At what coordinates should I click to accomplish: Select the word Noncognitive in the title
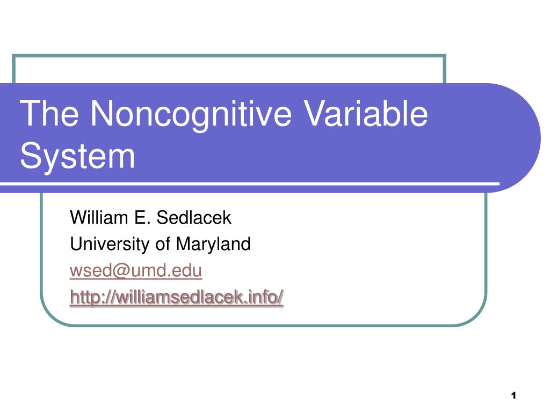191,116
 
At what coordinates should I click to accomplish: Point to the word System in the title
77,156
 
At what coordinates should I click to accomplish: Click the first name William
99,217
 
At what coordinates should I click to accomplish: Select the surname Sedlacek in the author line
194,217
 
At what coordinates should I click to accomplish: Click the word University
110,244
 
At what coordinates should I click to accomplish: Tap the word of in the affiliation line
163,244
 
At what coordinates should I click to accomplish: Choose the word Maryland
213,244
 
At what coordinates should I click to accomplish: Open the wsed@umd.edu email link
136,270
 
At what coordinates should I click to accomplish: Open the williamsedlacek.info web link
177,297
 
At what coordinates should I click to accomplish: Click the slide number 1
513,395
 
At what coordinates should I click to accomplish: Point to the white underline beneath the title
250,183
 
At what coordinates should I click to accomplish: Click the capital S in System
30,155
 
